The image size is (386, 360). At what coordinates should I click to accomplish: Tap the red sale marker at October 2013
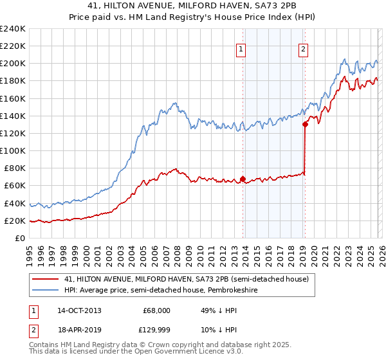point(243,179)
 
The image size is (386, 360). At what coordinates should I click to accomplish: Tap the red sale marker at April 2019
point(305,125)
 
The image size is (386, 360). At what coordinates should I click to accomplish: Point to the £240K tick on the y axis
point(13,29)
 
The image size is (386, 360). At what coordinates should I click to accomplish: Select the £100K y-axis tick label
point(13,150)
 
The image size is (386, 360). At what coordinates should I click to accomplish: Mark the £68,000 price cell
point(156,310)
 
